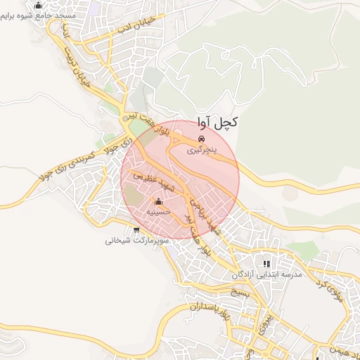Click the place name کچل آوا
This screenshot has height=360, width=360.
pos(217,122)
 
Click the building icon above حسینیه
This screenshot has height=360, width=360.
pos(157,202)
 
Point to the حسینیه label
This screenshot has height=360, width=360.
pos(157,212)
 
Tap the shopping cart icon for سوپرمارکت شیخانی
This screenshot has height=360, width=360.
pos(136,230)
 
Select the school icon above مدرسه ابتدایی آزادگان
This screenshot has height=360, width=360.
pos(266,264)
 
